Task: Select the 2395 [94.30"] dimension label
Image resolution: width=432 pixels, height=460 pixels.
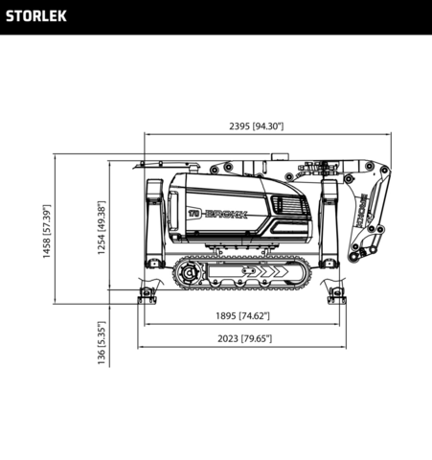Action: pyautogui.click(x=256, y=126)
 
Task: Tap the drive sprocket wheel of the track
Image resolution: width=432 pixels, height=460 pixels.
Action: pyautogui.click(x=189, y=276)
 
